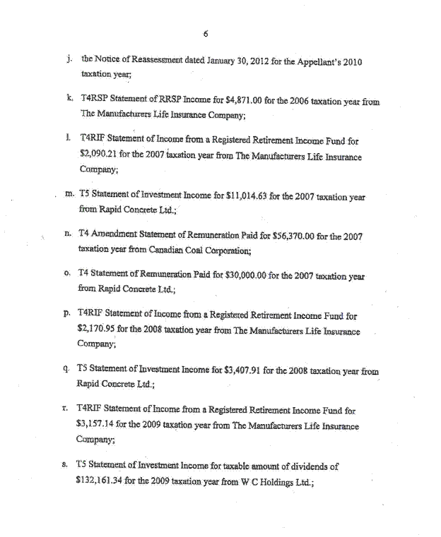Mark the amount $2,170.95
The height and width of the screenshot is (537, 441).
point(100,329)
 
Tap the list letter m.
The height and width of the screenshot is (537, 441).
point(69,197)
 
